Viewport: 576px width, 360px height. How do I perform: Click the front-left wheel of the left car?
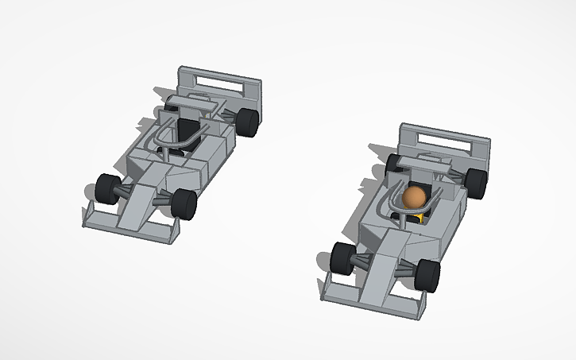point(106,188)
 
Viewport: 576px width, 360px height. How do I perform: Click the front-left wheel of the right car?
point(343,257)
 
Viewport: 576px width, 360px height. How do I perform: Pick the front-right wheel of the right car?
point(427,274)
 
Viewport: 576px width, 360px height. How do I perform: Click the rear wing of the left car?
point(218,83)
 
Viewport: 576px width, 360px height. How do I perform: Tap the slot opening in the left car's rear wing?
point(219,79)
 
